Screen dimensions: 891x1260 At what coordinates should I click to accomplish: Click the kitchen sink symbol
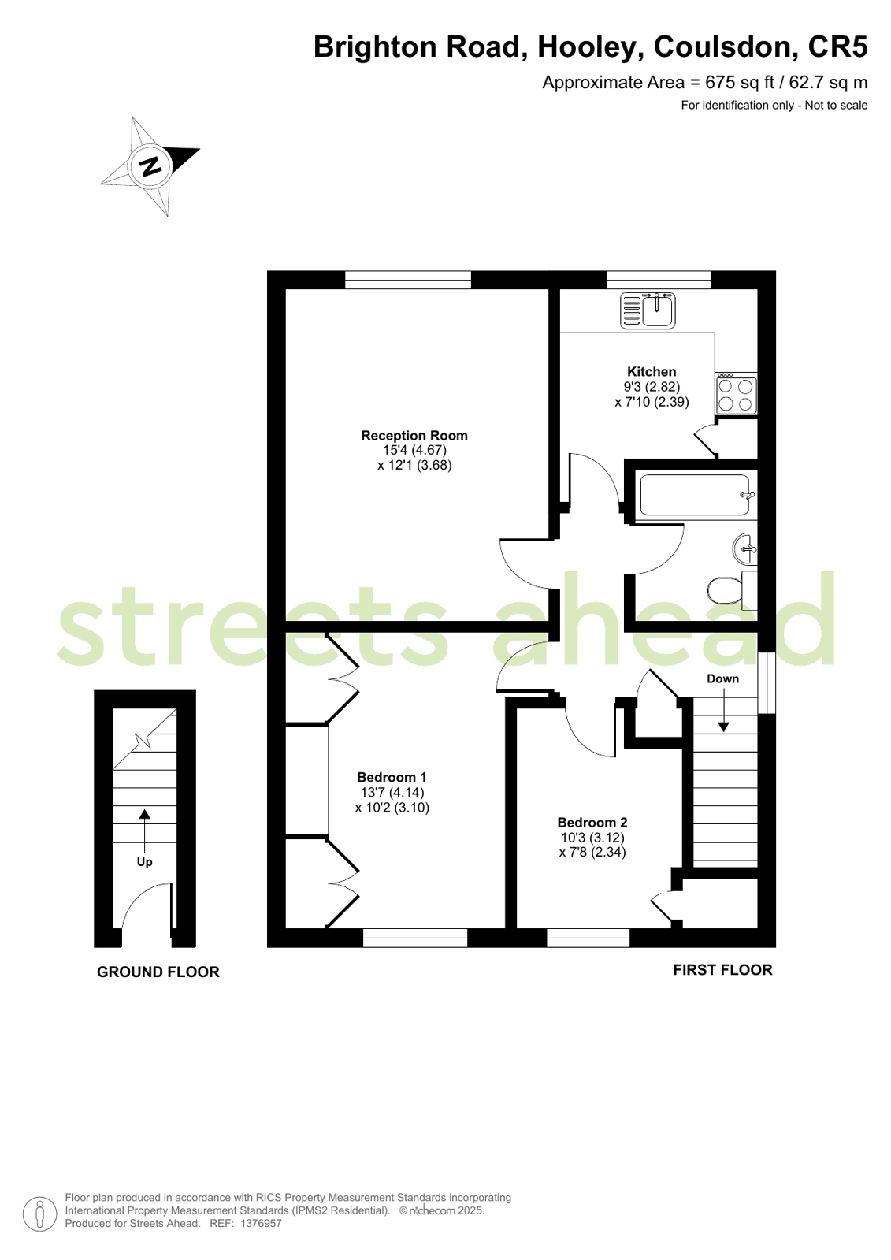[x=648, y=310]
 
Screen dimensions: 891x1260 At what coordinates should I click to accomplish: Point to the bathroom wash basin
[x=745, y=548]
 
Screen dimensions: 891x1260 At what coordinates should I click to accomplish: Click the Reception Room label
[x=414, y=436]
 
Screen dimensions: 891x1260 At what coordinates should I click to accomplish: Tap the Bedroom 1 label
[x=392, y=778]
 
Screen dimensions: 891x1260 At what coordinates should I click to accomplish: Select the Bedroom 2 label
[x=592, y=823]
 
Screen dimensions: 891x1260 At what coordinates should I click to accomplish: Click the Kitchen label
[x=652, y=372]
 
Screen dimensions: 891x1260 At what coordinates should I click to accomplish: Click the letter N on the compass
[x=150, y=166]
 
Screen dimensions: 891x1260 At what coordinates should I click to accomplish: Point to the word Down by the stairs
[x=723, y=679]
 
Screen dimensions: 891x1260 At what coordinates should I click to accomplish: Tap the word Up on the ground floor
[x=145, y=862]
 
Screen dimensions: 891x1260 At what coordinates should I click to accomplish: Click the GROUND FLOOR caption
[x=158, y=972]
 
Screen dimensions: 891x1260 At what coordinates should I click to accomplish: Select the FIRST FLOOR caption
[x=723, y=970]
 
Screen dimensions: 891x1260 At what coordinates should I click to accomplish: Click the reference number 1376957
[x=261, y=1224]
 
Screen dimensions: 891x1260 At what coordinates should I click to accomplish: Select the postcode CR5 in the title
[x=837, y=46]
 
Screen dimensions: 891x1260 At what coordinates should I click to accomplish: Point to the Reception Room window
[x=408, y=280]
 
